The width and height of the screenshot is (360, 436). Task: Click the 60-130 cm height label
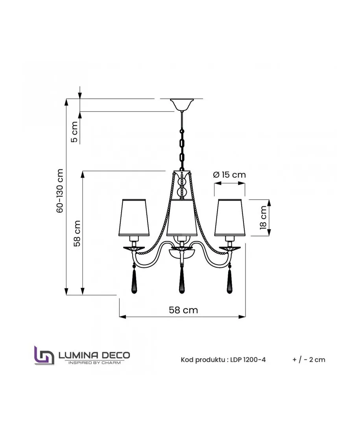tap(60, 191)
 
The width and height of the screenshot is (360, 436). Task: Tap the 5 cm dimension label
tap(74, 132)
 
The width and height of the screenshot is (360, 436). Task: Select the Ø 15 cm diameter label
tap(229, 175)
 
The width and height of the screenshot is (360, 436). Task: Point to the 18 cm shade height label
tap(263, 218)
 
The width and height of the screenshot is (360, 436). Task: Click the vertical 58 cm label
tap(77, 233)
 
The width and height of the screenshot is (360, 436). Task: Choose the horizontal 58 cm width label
tap(183, 310)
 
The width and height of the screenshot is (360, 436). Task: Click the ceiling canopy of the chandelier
tap(182, 104)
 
